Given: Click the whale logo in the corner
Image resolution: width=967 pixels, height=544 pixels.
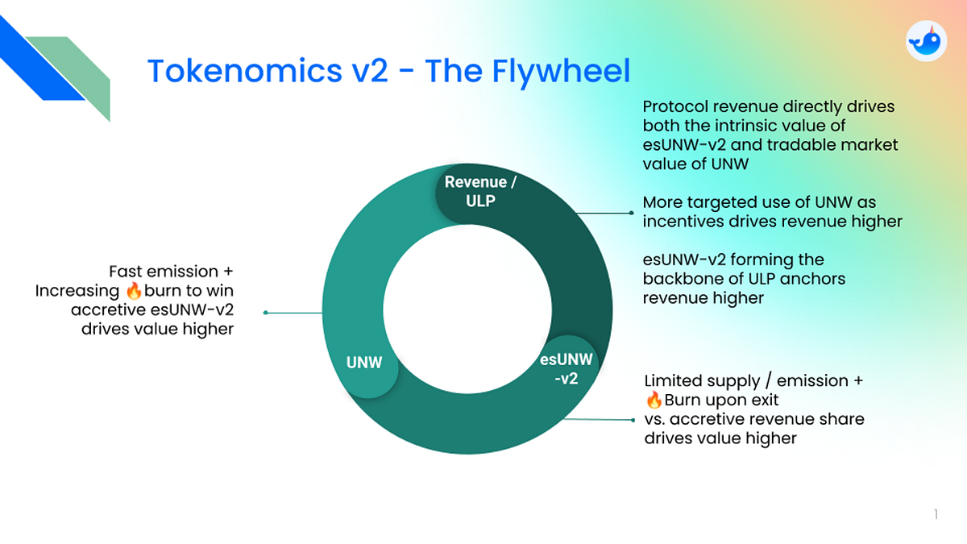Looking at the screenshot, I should click(926, 41).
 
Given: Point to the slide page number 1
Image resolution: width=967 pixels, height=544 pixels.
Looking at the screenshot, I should click(936, 514).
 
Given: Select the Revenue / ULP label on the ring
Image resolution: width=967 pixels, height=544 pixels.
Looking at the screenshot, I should click(480, 191).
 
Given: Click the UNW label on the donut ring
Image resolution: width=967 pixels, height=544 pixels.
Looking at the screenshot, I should click(364, 363).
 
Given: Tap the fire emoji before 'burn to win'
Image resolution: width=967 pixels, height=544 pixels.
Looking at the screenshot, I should click(134, 291).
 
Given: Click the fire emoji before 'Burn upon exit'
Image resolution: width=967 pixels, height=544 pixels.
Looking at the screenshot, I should click(654, 400).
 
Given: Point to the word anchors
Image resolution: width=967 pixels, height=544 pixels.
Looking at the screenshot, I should click(819, 279).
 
